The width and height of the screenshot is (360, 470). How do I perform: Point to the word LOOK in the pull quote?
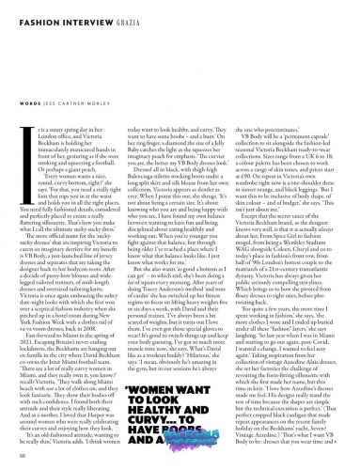click(x=188, y=381)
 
